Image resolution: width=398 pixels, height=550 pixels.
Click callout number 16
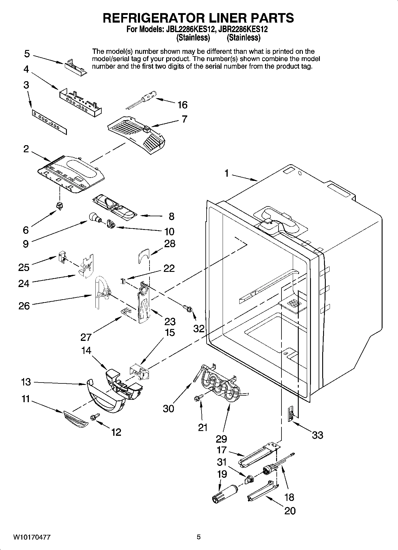[182, 105]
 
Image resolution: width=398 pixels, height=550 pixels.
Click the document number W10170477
[32, 537]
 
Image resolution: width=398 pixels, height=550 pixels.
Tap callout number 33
[317, 435]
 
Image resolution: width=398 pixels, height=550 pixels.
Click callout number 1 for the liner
[226, 173]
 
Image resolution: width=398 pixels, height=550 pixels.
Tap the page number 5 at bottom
[199, 537]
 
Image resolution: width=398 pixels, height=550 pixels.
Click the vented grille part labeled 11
[76, 419]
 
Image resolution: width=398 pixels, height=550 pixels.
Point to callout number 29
[221, 439]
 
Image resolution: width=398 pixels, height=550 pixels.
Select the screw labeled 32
[187, 308]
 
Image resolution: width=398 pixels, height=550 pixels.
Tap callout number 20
[290, 511]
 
